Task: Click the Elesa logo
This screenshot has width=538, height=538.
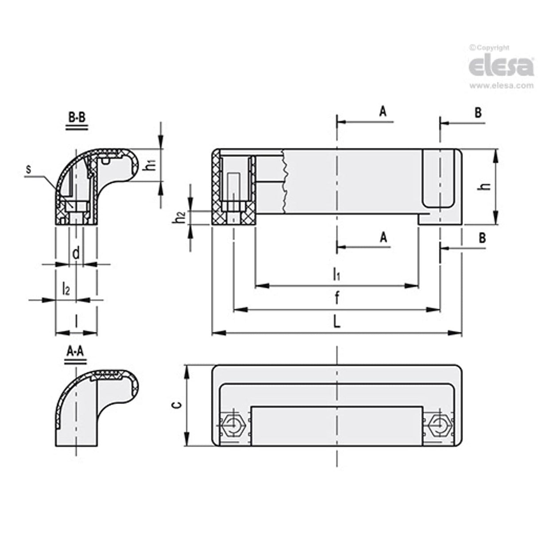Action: [501, 66]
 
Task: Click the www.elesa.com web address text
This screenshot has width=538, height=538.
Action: [501, 86]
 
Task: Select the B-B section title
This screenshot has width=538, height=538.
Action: [77, 118]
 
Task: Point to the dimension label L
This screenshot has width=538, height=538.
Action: [337, 322]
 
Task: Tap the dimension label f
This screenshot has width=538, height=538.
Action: [337, 299]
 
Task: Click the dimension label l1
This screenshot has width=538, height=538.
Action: [337, 275]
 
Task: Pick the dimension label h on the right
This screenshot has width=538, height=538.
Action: [487, 186]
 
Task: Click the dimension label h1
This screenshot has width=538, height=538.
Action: [151, 165]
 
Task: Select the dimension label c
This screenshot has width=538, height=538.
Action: [176, 404]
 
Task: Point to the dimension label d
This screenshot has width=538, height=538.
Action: [76, 253]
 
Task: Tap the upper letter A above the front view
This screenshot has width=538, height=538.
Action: [383, 111]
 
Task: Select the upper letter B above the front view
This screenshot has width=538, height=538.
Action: [478, 113]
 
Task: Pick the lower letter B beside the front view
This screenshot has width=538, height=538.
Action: [482, 238]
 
